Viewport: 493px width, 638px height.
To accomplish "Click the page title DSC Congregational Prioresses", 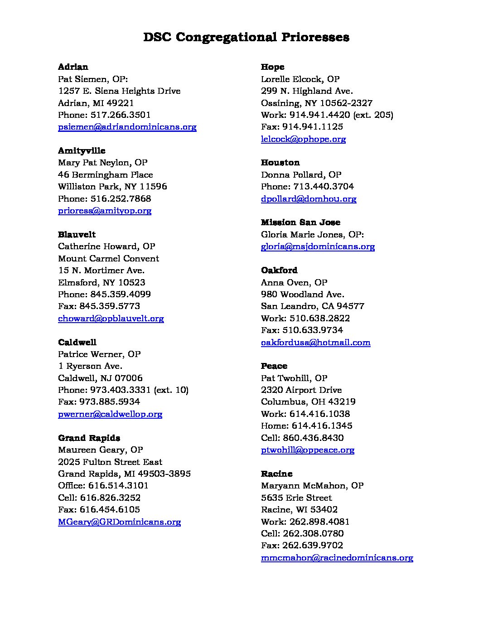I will tap(246, 37).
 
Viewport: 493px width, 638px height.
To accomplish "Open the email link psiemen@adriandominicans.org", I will tap(127, 127).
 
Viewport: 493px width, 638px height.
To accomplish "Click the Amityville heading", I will tap(82, 151).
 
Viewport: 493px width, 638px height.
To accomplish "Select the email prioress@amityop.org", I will tap(105, 211).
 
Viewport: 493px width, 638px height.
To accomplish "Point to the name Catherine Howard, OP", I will tap(106, 246).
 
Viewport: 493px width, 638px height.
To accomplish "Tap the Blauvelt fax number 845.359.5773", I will tap(115, 306).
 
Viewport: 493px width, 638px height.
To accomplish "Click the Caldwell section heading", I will tap(77, 342).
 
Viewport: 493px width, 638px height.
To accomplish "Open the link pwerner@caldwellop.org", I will tap(110, 414).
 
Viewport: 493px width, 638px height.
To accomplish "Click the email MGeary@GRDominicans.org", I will tap(119, 522).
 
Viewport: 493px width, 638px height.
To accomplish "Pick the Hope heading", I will tap(272, 67).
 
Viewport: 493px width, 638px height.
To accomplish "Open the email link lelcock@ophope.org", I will tap(303, 139).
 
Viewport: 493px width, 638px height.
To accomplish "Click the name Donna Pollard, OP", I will tap(301, 175).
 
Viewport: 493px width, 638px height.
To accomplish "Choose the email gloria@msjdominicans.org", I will tap(318, 246).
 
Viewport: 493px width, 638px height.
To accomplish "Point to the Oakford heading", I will tap(279, 271).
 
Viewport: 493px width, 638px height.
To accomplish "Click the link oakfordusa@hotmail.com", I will tap(315, 343).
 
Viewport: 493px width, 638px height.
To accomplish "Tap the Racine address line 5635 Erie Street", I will tap(296, 498).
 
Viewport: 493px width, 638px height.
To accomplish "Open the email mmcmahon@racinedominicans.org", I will tap(337, 558).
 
